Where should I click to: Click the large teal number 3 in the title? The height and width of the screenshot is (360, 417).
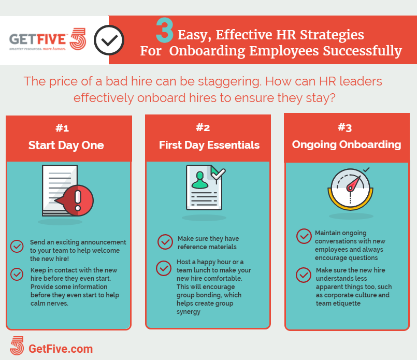click(165, 31)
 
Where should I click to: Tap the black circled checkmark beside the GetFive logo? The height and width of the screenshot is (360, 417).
click(109, 40)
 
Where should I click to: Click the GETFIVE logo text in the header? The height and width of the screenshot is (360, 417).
click(37, 39)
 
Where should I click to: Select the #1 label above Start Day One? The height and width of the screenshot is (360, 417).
click(62, 128)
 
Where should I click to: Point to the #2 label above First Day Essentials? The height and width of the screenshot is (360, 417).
click(203, 127)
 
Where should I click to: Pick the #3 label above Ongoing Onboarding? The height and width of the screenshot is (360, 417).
click(345, 127)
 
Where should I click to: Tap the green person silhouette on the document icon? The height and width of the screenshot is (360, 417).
click(200, 180)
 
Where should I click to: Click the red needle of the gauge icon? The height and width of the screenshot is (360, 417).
click(353, 183)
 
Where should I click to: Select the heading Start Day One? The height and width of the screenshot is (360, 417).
click(66, 145)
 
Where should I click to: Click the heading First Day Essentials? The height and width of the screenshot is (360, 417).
click(209, 145)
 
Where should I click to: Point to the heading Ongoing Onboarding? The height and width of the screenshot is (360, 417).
click(347, 145)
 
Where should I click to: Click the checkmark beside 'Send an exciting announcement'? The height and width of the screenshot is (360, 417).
click(17, 247)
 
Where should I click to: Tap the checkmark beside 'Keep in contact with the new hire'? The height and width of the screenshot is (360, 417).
click(17, 274)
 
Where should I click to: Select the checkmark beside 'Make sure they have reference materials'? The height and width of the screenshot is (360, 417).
click(165, 242)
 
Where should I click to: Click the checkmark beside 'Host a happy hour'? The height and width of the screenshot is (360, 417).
click(164, 268)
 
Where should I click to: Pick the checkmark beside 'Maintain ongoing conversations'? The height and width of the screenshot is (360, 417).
click(304, 236)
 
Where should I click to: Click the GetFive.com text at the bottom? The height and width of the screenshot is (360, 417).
click(61, 349)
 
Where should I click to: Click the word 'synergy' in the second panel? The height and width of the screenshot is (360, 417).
click(188, 312)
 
